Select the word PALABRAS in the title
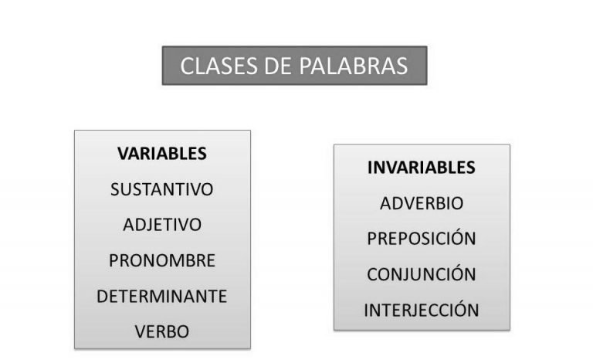(354, 66)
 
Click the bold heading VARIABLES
(162, 154)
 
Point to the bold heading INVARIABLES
(422, 168)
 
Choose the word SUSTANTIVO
(162, 189)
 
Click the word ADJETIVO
(162, 225)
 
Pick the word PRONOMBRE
(162, 260)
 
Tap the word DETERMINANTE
(162, 296)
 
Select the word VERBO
(162, 331)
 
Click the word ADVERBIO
(422, 203)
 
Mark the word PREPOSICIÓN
(422, 237)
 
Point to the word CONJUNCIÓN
(422, 273)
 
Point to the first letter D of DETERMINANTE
(103, 296)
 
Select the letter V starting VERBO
(141, 331)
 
